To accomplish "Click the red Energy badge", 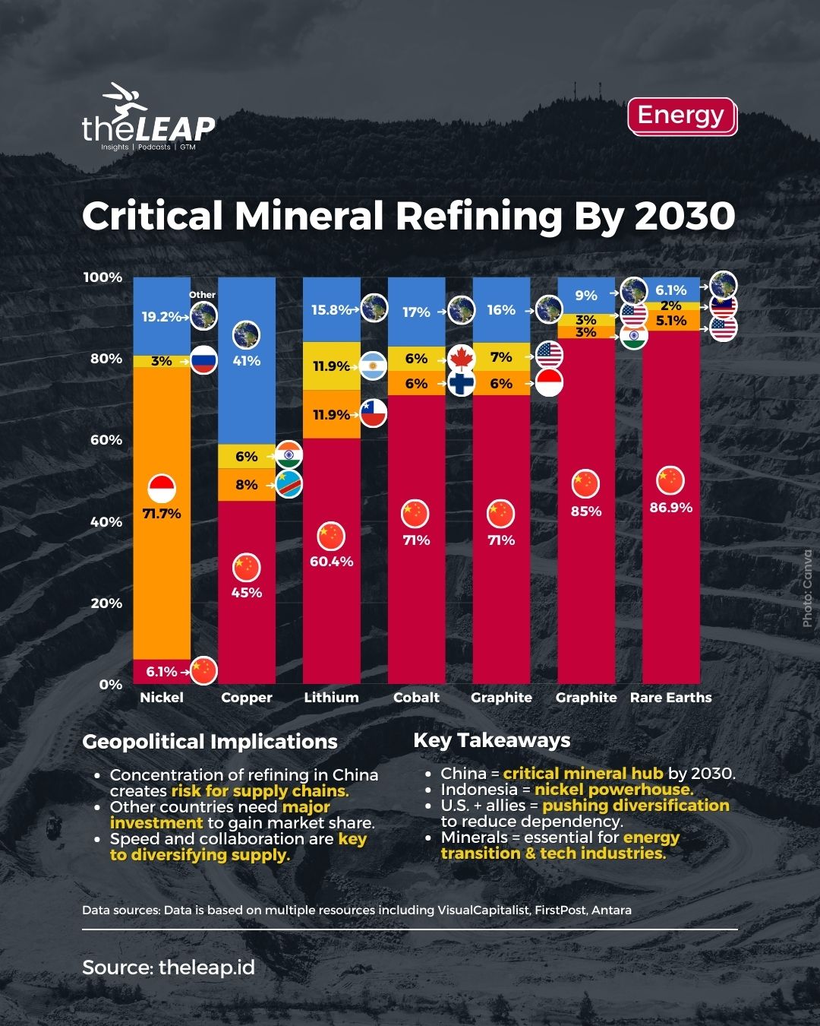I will (x=681, y=116).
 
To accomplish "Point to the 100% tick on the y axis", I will (x=102, y=277).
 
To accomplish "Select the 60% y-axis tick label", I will (x=106, y=440).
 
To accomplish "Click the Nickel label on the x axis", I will (x=162, y=698).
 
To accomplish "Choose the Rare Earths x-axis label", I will (x=670, y=698).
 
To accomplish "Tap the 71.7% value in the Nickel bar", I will (x=162, y=514).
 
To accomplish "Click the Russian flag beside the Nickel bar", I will (x=203, y=360).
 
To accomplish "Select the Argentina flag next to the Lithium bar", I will (x=374, y=366).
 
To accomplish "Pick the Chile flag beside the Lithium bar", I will (x=374, y=413).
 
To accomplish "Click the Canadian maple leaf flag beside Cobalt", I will (x=461, y=358).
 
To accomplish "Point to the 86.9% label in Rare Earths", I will (x=670, y=508).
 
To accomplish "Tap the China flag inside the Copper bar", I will (x=246, y=567).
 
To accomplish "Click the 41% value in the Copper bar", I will (x=246, y=361).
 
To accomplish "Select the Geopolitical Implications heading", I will (x=210, y=742).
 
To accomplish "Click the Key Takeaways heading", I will (x=491, y=740).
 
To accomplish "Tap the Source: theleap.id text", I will (x=169, y=967).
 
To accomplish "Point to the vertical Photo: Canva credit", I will (x=806, y=589).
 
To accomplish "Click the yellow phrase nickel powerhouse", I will (x=613, y=790).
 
